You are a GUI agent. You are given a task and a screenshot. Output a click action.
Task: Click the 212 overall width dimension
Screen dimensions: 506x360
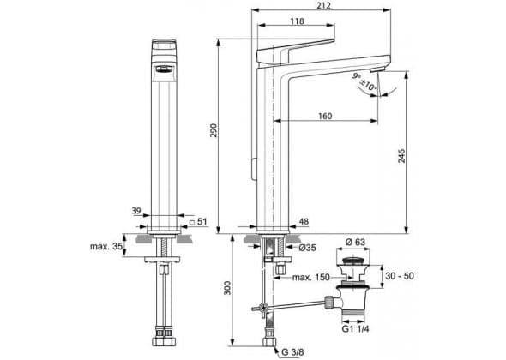323,5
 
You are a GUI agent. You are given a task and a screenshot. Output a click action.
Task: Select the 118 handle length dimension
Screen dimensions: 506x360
297,21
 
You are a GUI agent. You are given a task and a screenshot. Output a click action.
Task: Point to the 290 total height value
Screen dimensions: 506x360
214,130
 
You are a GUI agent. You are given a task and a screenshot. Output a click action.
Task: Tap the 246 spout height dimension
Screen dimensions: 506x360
401,156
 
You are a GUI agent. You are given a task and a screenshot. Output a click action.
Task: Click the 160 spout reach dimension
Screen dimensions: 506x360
325,116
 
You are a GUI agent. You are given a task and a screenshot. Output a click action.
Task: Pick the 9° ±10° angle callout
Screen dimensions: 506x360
364,82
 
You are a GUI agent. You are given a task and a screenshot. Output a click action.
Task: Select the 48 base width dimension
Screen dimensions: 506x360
304,221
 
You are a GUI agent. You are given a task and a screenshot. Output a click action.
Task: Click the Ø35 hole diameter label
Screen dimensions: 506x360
307,248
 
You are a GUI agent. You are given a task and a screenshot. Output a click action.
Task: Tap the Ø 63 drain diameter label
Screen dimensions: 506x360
355,242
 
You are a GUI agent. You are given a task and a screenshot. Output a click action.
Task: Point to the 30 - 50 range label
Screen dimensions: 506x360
400,276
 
